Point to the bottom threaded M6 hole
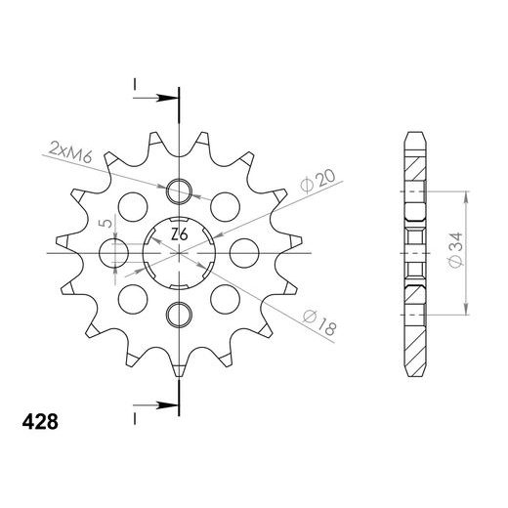click(179, 313)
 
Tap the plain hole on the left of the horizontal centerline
click(116, 252)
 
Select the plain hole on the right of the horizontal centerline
click(240, 252)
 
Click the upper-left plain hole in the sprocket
click(129, 206)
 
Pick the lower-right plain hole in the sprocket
click(229, 297)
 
